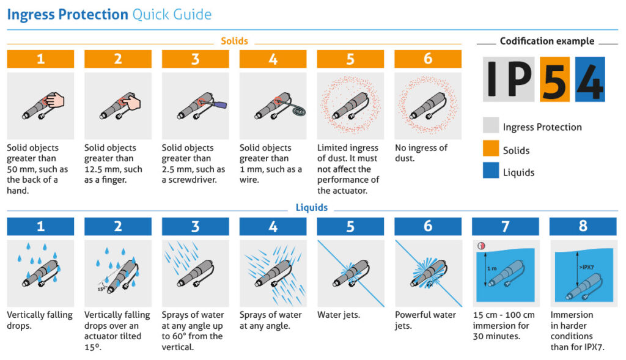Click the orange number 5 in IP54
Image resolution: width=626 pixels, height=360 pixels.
point(554,79)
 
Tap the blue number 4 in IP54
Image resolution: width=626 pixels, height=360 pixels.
point(589,79)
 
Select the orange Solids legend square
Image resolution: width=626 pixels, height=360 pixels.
point(490,150)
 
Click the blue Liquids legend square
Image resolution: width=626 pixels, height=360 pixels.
point(490,172)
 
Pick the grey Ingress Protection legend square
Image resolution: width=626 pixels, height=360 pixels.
point(490,127)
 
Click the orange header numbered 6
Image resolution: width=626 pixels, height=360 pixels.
point(428,59)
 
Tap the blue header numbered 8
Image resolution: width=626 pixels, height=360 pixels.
point(583,226)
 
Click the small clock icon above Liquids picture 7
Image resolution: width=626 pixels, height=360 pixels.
point(481,246)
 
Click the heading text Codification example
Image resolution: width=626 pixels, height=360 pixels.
point(547,42)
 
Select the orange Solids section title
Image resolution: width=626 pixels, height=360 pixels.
point(234,41)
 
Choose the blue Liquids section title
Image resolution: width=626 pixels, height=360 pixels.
point(312,208)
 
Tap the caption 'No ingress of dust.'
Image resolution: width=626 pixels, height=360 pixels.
point(421,153)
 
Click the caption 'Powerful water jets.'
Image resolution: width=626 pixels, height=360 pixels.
point(425,320)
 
